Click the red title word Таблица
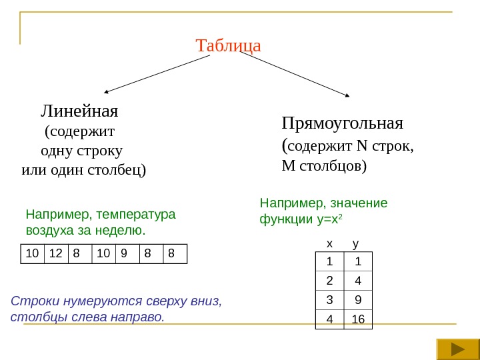[x=228, y=46]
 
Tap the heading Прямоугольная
[x=343, y=123]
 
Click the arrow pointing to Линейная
[x=157, y=73]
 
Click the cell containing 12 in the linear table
[x=56, y=253]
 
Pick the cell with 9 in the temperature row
[x=127, y=253]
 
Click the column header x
[x=328, y=244]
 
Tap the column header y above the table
[x=355, y=244]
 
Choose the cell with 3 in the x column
[x=329, y=299]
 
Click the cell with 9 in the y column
[x=358, y=299]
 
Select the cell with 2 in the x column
[x=329, y=280]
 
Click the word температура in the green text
[x=136, y=215]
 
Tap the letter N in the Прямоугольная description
[x=363, y=147]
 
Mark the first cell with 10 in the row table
[x=31, y=253]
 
